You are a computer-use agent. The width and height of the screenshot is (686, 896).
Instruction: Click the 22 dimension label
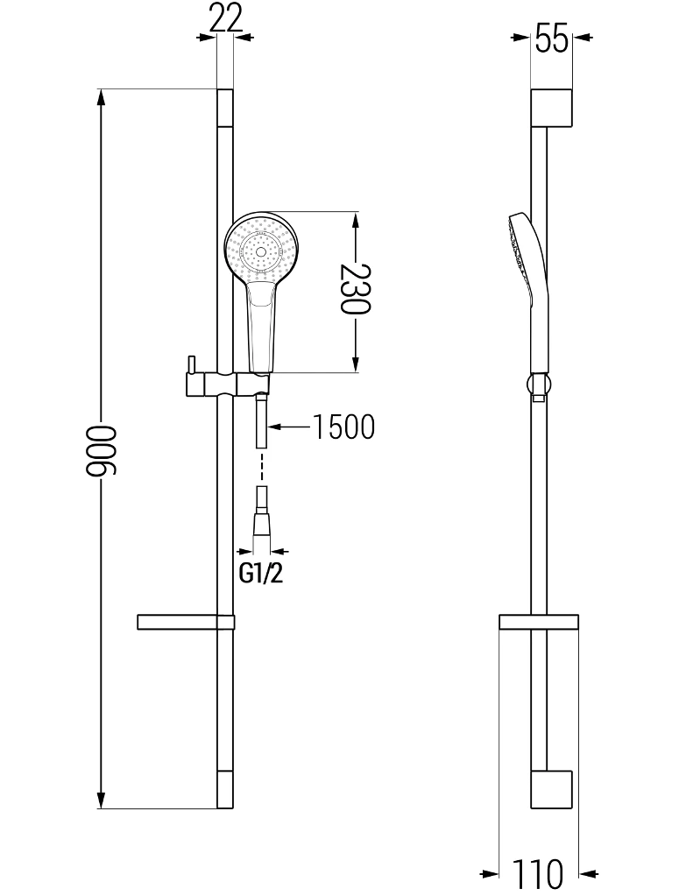[x=225, y=18]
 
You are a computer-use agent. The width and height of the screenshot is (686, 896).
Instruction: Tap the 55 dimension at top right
[x=552, y=39]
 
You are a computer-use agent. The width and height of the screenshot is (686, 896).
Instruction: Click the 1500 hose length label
[x=343, y=427]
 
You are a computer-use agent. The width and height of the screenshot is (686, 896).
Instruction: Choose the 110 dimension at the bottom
[x=537, y=873]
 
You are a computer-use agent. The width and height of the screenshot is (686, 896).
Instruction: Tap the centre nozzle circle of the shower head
[x=261, y=251]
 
